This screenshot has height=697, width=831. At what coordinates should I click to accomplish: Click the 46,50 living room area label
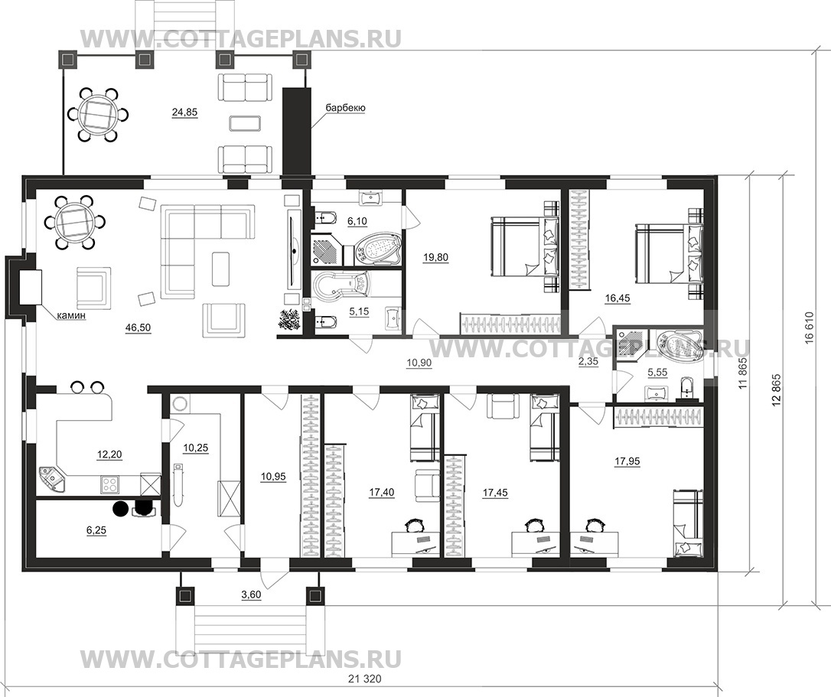[x=138, y=328]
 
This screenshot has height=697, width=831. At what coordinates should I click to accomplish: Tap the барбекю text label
[x=346, y=108]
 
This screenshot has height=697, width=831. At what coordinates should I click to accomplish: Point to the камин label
[x=71, y=317]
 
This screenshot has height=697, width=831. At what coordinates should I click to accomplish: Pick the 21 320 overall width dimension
[x=365, y=679]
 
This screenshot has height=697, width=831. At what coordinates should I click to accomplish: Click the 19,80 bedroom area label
[x=435, y=258]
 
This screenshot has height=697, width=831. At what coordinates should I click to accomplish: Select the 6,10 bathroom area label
[x=357, y=221]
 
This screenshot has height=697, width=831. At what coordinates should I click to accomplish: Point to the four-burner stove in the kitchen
[x=109, y=484]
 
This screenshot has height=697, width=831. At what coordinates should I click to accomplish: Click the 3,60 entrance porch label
[x=251, y=594]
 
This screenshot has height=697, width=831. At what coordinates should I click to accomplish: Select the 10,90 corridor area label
[x=419, y=363]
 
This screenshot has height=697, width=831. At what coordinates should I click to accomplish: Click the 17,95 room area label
[x=627, y=461]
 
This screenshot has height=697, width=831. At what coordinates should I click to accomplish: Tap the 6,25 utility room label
[x=96, y=530]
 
